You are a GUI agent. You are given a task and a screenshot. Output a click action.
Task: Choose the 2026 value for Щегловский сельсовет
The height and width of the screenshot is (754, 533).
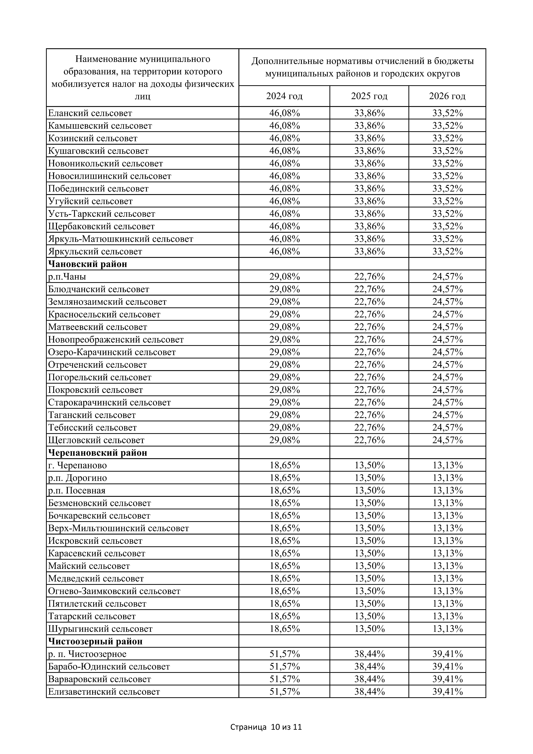coord(447,440)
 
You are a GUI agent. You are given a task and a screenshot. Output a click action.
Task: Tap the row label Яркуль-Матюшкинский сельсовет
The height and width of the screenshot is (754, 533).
coord(121,239)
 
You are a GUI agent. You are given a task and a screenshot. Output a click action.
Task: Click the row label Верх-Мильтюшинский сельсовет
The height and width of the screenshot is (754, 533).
coord(119,528)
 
